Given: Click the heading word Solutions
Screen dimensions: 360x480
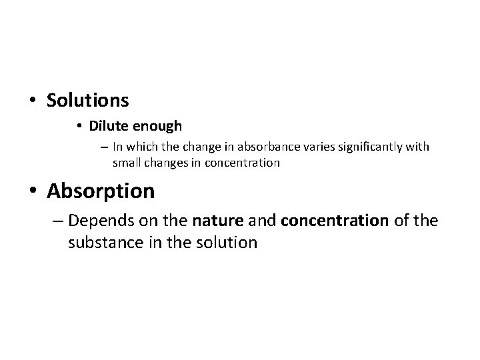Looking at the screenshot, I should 87,101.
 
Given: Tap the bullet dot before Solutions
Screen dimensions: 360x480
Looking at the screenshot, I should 33,101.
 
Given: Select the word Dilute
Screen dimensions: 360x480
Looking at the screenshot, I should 107,125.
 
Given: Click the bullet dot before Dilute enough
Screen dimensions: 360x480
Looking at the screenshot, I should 79,126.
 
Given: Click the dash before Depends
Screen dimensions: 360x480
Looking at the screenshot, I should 57,219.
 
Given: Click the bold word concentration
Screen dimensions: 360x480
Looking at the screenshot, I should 334,219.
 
